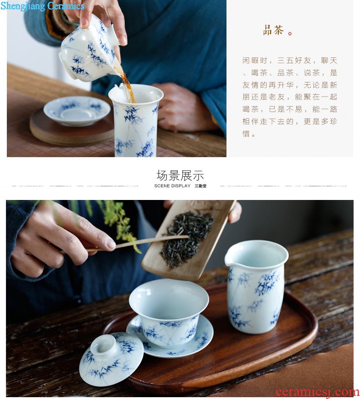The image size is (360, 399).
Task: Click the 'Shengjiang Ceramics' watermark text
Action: (x=42, y=6)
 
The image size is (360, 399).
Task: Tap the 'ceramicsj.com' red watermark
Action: (x=318, y=392)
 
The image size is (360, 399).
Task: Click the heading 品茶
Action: (x=273, y=30)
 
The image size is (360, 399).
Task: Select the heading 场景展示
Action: (x=180, y=175)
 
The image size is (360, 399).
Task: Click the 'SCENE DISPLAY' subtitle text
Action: (x=172, y=186)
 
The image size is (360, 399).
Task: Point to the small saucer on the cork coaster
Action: (x=77, y=110)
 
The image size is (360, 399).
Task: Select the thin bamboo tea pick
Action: (x=138, y=244)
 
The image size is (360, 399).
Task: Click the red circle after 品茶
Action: (x=290, y=33)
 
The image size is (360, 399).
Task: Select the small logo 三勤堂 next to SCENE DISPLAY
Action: (x=201, y=186)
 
